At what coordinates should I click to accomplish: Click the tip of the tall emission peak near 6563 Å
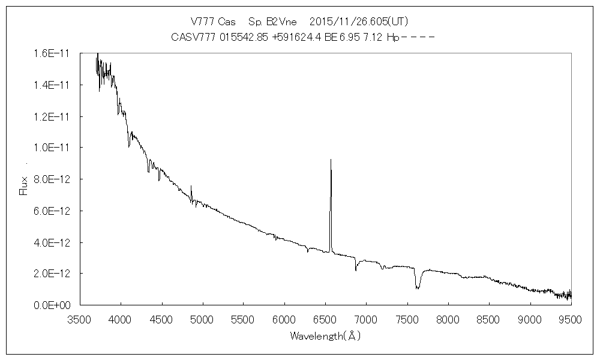pos(331,160)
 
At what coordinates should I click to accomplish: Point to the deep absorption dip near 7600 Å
pos(417,287)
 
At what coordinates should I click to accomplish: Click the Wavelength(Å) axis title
pos(325,336)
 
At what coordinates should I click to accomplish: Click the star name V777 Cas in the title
pos(209,20)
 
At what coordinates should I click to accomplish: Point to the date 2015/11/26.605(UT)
pos(350,20)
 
